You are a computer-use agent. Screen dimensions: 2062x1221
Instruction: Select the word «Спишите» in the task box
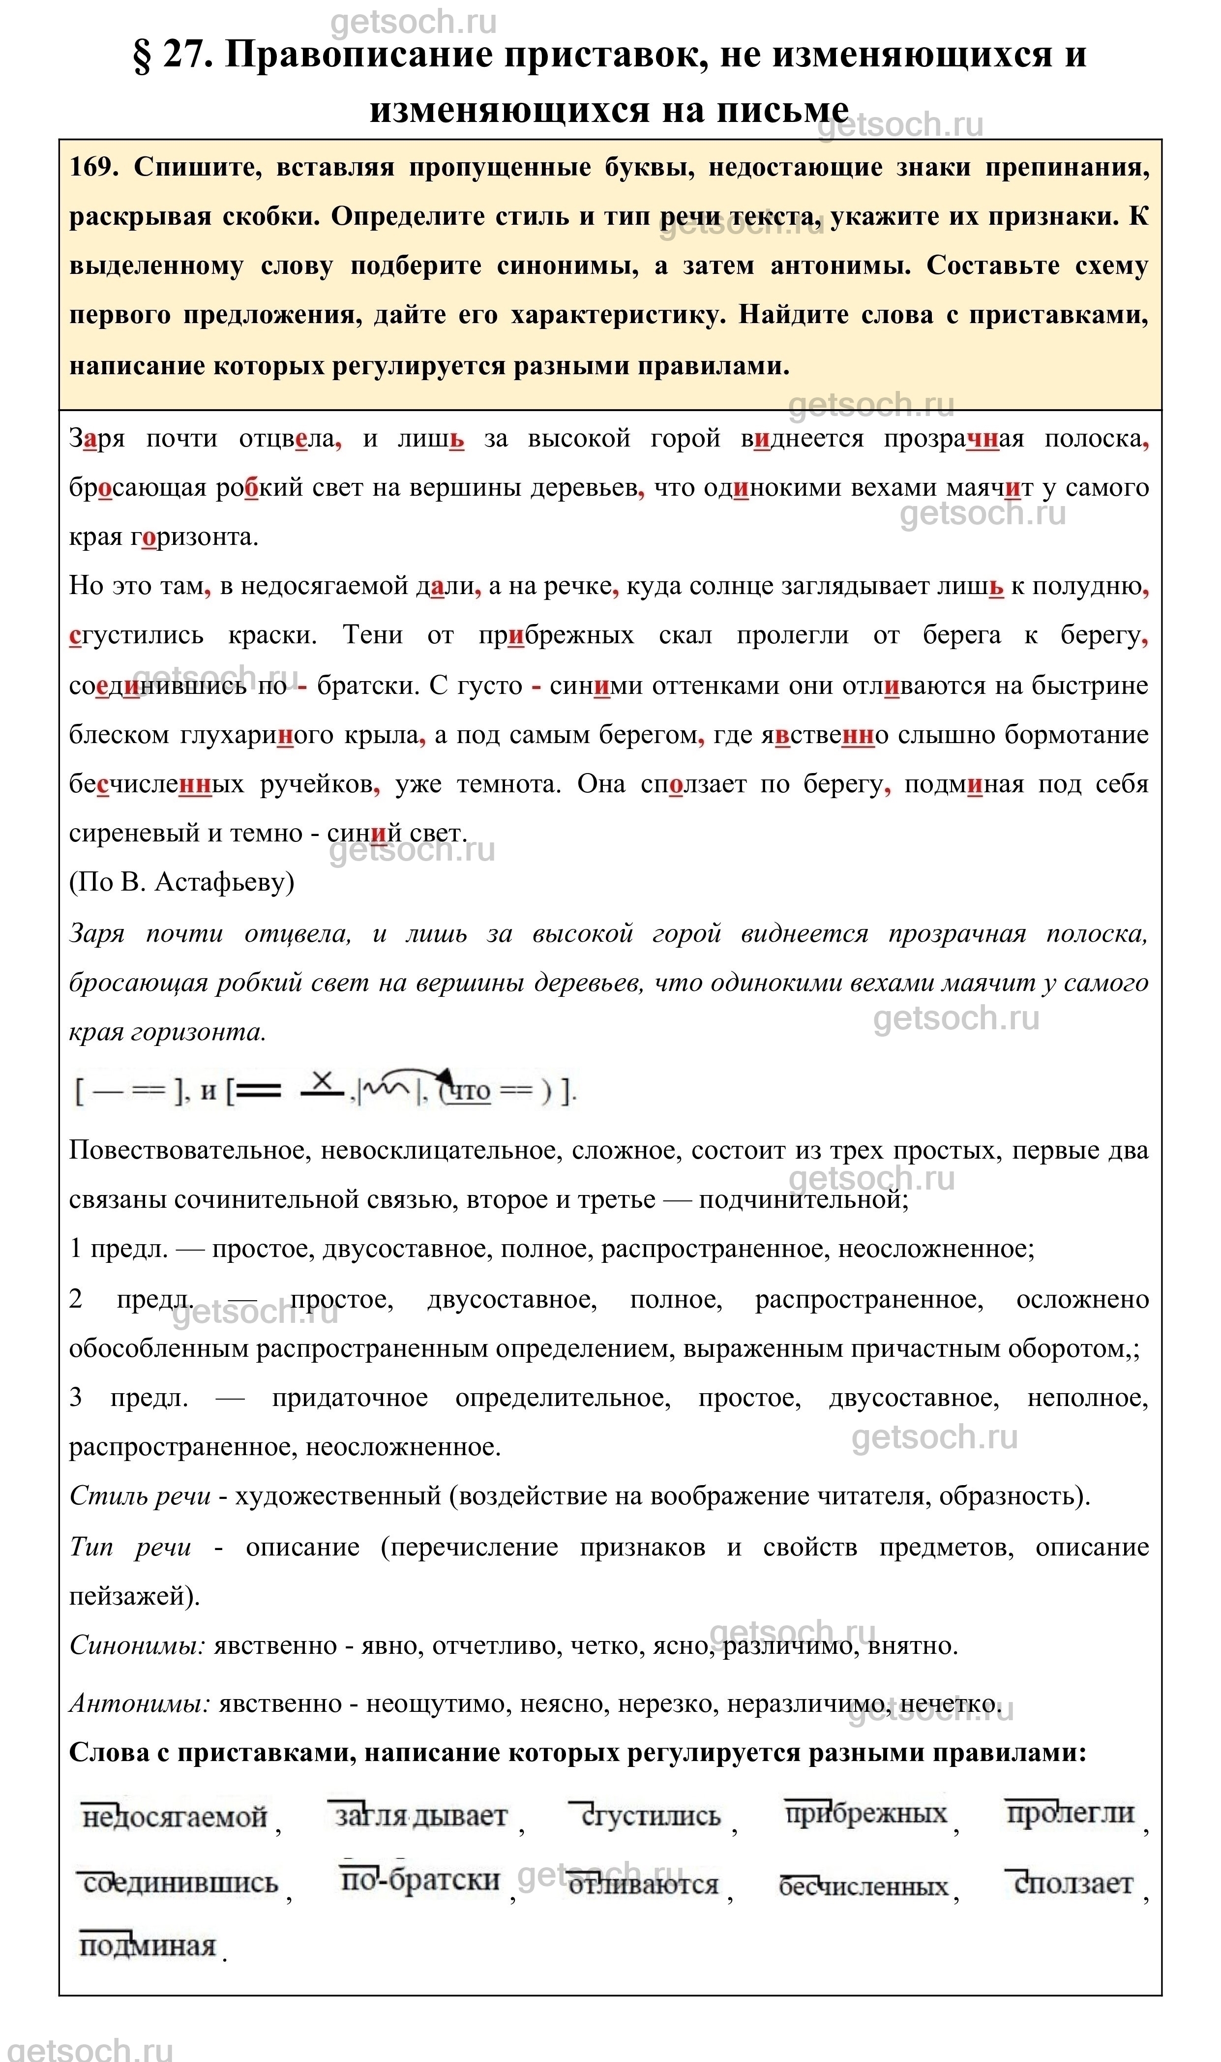click(x=198, y=167)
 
